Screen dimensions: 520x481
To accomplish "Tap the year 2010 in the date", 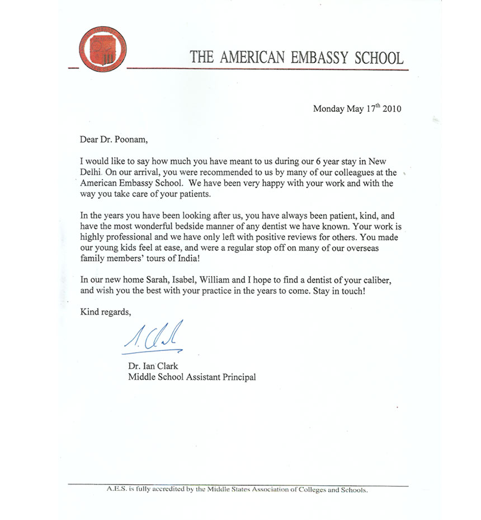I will coord(392,109).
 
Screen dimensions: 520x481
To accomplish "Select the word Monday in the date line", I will coord(328,109).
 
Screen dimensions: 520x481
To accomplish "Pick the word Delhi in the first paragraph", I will coord(91,172).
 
